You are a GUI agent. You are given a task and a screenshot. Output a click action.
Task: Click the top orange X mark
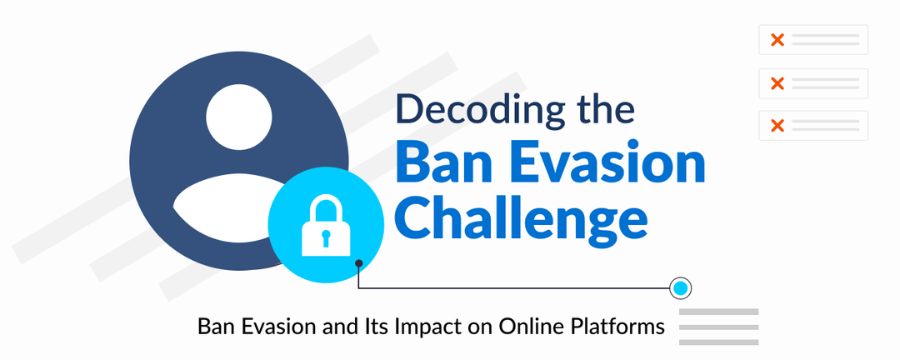[x=777, y=40]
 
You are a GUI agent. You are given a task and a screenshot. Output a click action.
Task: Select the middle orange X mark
[x=777, y=83]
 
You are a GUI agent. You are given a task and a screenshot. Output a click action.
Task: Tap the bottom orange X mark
[x=777, y=126]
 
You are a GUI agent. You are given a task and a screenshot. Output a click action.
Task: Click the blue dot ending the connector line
[x=681, y=288]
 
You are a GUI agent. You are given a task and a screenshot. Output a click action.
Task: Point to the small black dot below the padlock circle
[x=358, y=263]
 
